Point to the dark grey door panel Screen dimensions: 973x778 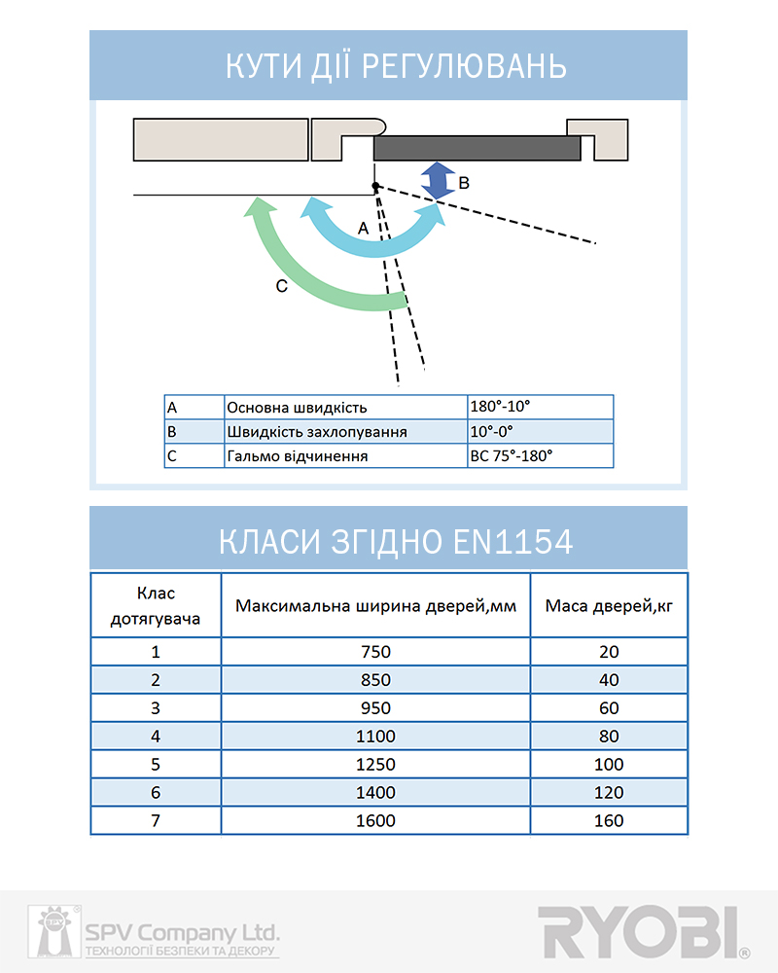[x=477, y=148]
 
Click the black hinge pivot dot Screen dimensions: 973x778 [x=375, y=187]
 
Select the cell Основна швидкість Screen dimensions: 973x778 [x=344, y=407]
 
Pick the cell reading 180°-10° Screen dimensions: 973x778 [x=540, y=407]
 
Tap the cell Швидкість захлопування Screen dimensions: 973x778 [x=344, y=431]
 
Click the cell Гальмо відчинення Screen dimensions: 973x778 [x=344, y=455]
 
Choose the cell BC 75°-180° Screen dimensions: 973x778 [x=540, y=455]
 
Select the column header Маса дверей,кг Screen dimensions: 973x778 [x=609, y=606]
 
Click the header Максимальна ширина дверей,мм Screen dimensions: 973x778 [x=375, y=606]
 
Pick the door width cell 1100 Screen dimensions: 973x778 [x=375, y=737]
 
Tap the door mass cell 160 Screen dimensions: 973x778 [x=609, y=821]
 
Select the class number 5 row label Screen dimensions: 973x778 [x=156, y=765]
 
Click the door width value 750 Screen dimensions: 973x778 [x=375, y=652]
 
